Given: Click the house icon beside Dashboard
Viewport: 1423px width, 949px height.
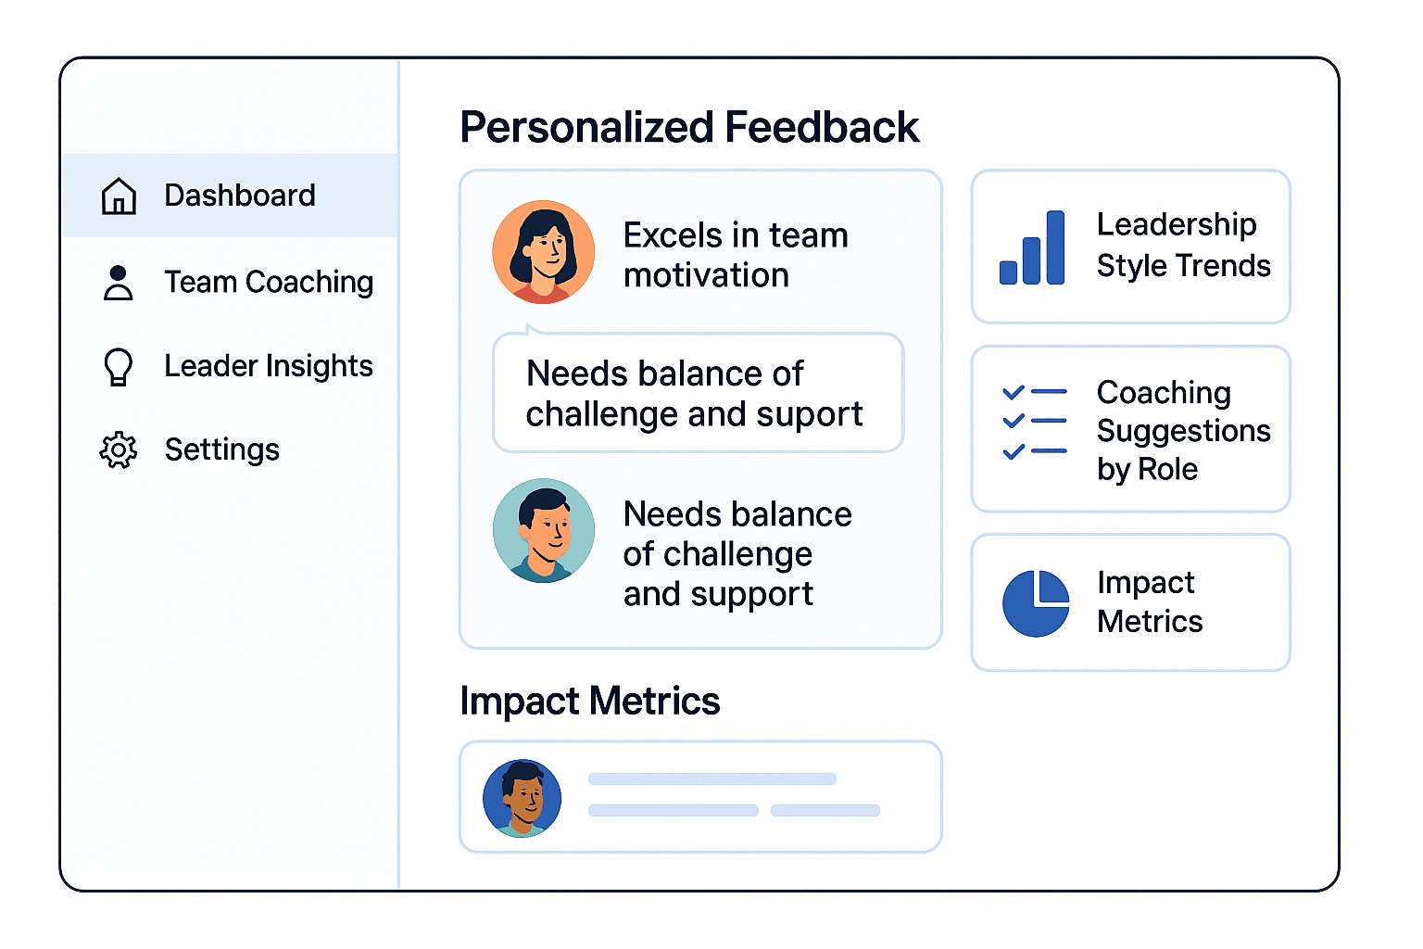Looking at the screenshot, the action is tap(119, 196).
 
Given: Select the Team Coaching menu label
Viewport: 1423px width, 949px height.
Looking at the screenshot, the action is tap(269, 283).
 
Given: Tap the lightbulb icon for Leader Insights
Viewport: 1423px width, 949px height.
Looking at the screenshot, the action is tap(119, 367).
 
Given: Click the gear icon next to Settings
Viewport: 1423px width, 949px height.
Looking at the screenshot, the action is tap(119, 450).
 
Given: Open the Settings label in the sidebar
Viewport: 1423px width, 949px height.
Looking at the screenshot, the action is tap(221, 450).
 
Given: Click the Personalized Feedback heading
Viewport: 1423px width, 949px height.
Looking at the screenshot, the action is tap(689, 127).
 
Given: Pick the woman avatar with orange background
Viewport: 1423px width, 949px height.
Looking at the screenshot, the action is tap(544, 252).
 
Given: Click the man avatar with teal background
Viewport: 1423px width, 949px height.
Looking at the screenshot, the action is tap(544, 530).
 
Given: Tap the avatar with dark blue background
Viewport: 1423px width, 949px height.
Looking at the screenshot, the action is tap(523, 798).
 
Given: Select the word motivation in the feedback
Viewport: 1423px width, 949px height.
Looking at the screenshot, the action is tap(707, 276).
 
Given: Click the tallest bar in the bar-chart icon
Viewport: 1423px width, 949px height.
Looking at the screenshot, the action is tap(1055, 247).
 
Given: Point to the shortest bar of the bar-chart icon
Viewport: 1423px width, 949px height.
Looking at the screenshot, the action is tap(1008, 272).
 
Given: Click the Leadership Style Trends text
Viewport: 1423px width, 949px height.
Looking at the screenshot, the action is tap(1183, 246).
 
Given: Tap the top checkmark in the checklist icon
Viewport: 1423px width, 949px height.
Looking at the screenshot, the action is tap(1014, 392).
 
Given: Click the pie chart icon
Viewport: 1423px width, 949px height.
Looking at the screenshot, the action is tap(1036, 603).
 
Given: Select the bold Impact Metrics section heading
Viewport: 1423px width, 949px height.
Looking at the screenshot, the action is tap(590, 701).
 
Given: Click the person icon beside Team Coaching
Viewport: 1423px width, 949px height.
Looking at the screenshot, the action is tap(119, 283).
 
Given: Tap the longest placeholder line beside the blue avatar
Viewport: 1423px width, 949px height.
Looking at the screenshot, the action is tap(712, 778).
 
